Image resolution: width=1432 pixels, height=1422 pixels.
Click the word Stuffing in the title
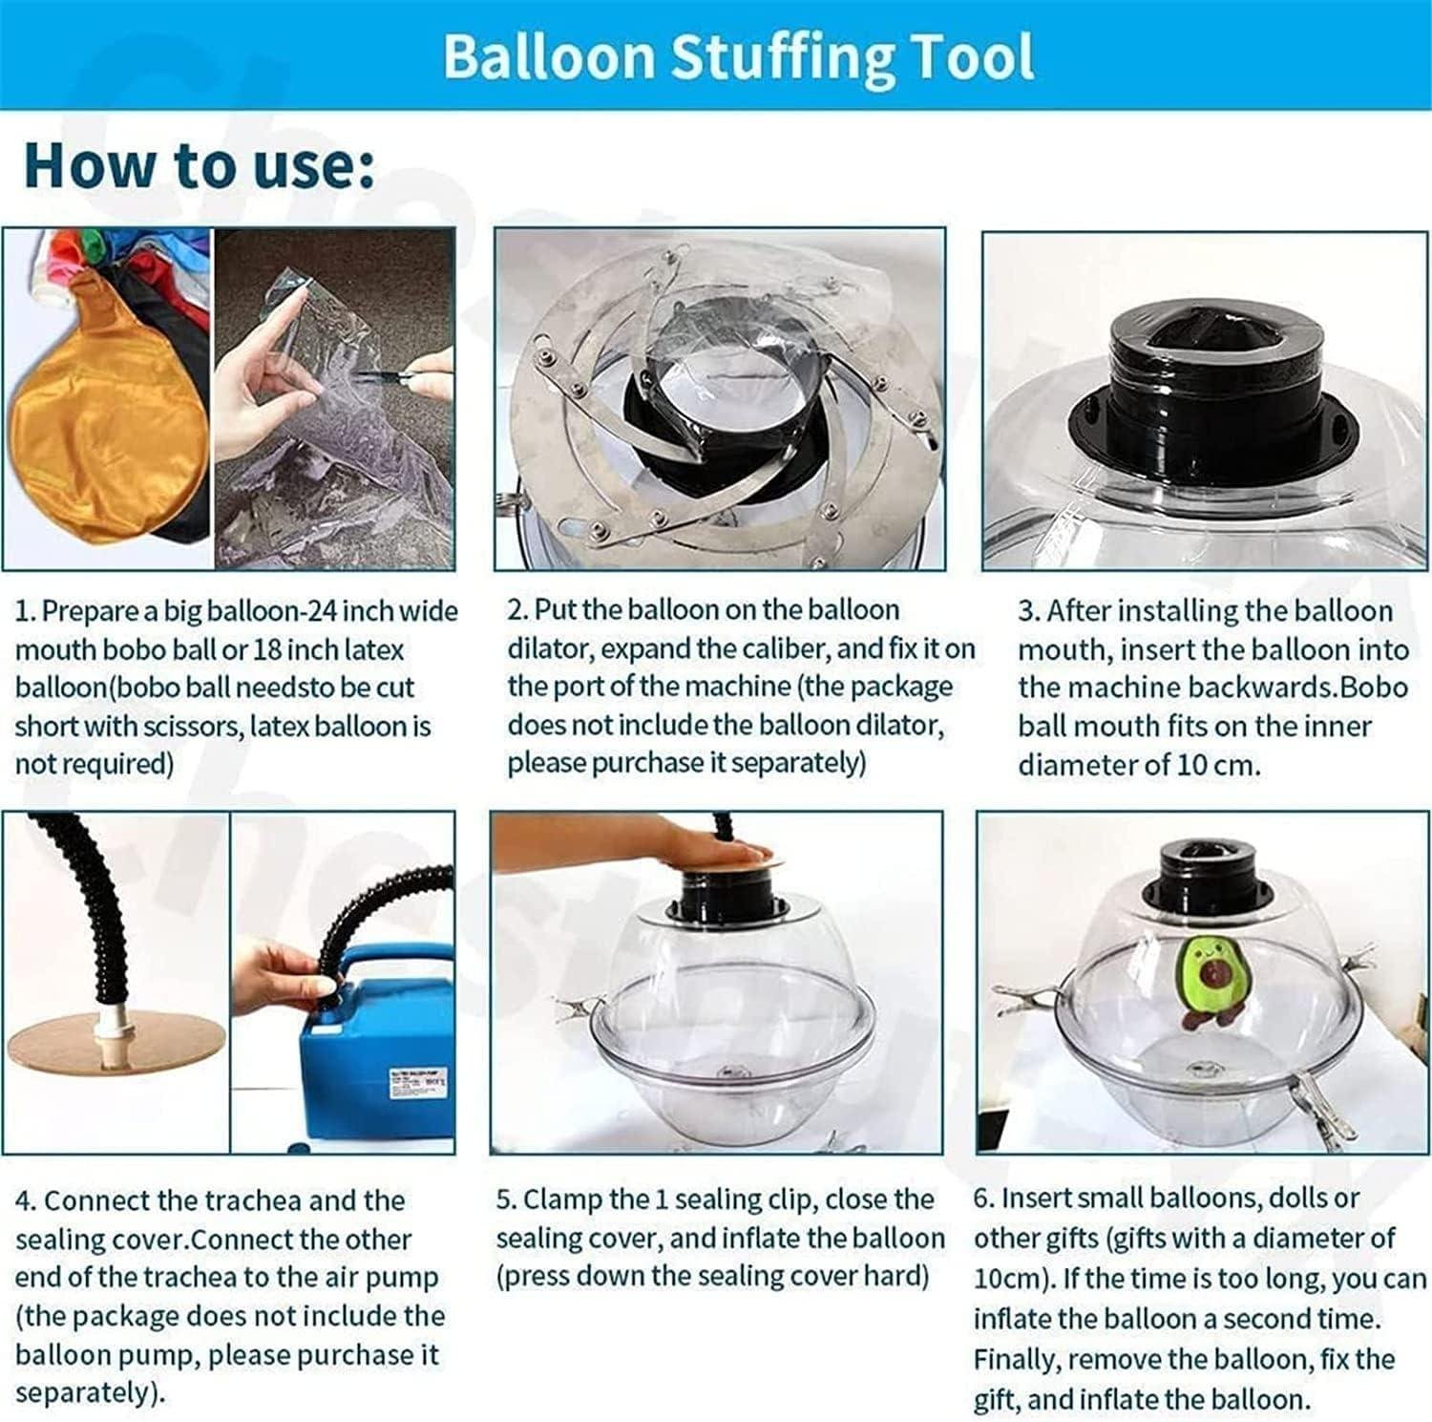[x=782, y=57]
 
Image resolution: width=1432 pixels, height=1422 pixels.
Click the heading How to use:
[x=200, y=165]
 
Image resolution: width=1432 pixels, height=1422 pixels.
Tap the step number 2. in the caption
[x=516, y=609]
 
